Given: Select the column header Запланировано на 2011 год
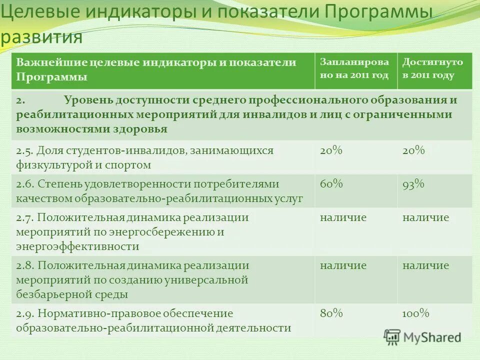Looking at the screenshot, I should click(354, 68).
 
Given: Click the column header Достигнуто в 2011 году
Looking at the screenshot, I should click(433, 68).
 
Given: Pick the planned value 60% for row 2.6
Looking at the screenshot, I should click(331, 184).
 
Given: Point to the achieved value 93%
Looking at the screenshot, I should click(413, 184).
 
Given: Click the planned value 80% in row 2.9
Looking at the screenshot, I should click(331, 313).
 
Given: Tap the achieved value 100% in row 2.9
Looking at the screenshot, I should click(416, 313).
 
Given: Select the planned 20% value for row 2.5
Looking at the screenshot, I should click(331, 150).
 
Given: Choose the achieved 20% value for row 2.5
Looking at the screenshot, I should click(413, 150).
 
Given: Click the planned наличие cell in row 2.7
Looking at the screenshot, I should click(343, 217).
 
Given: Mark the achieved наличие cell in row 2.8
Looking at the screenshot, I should click(425, 265).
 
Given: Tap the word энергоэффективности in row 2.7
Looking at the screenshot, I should click(77, 246).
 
